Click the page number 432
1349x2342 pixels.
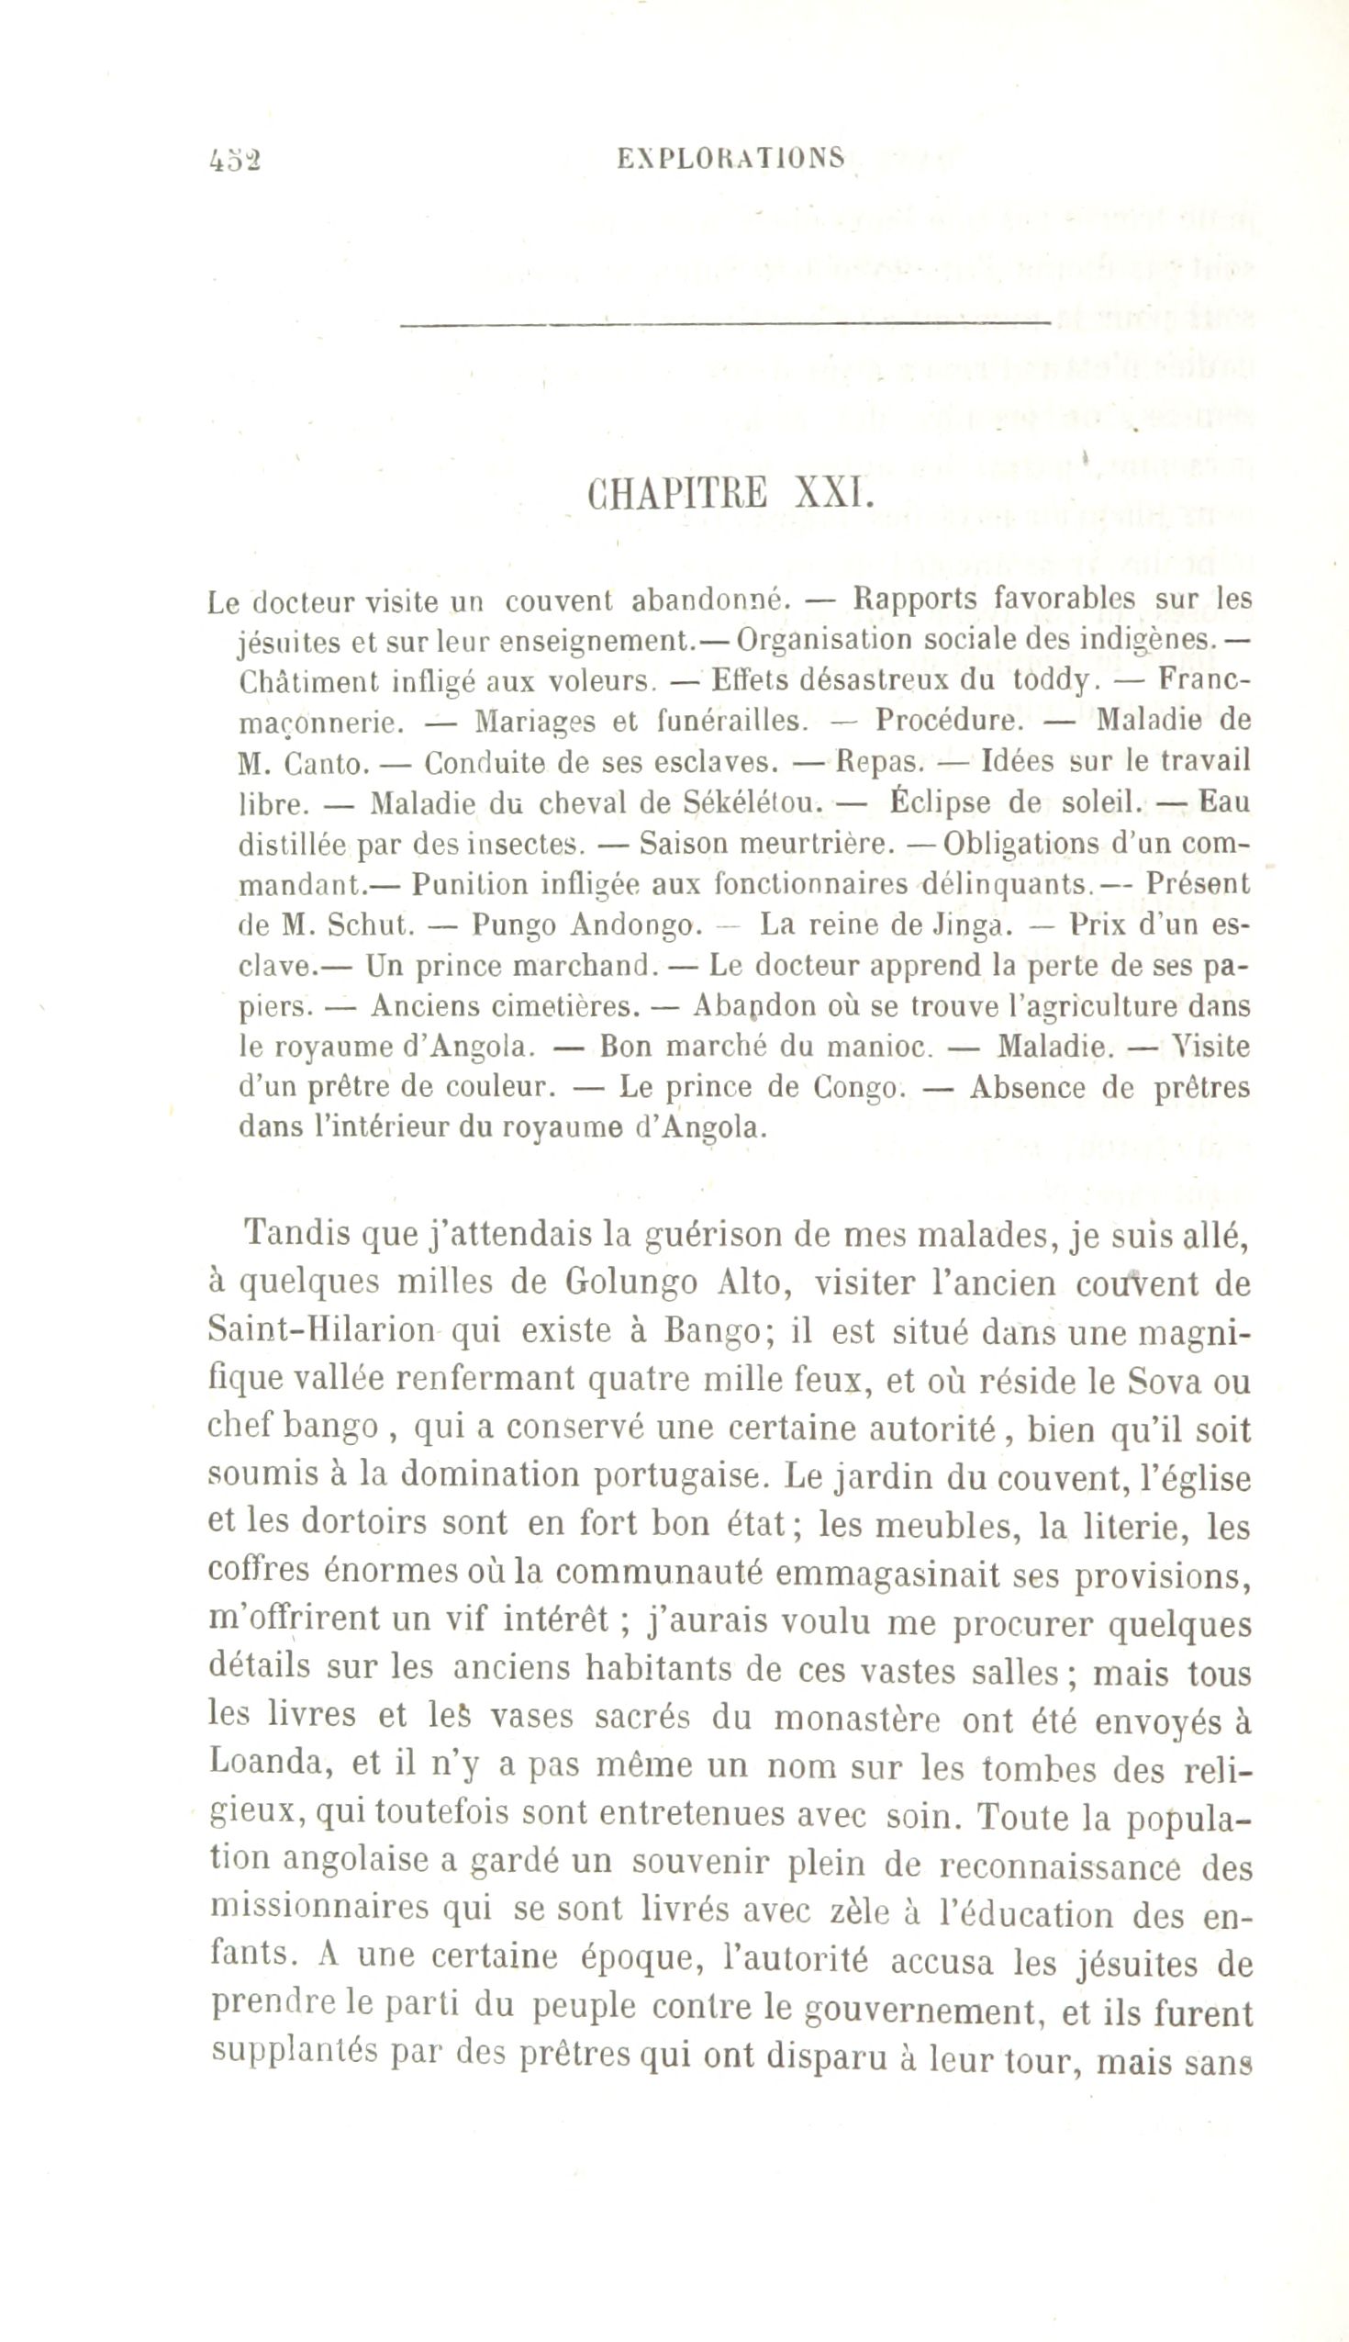click(235, 161)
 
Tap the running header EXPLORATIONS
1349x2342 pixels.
click(731, 159)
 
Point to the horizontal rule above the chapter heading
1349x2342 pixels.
click(725, 323)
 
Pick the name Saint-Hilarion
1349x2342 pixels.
click(321, 1331)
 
